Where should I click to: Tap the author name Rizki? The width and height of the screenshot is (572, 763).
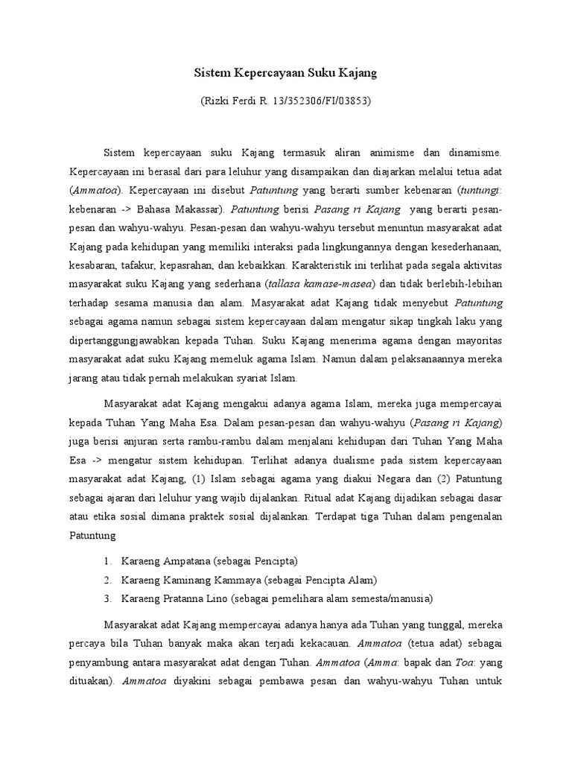(x=217, y=100)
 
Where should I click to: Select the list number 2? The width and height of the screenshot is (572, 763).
(x=107, y=580)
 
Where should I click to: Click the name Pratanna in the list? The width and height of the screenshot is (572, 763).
(x=184, y=598)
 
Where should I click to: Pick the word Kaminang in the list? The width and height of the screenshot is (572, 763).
(x=185, y=580)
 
